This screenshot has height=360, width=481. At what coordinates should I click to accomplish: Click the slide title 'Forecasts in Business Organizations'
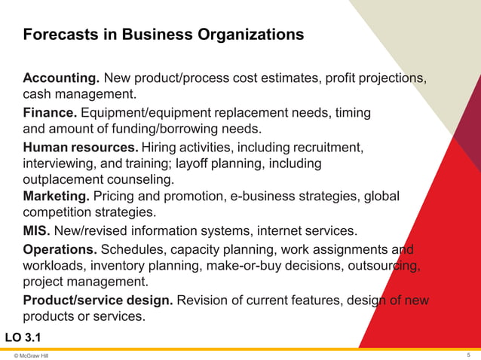(164, 35)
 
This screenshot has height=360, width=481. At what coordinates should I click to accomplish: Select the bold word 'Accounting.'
(61, 78)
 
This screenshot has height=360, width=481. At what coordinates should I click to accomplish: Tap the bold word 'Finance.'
(50, 113)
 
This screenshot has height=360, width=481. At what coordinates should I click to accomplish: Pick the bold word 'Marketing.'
(57, 197)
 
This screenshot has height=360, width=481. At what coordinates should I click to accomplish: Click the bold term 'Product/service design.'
(99, 301)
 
